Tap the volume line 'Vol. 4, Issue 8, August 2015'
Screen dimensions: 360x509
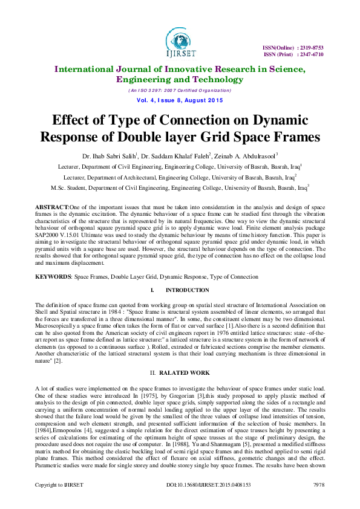pyautogui.click(x=179, y=99)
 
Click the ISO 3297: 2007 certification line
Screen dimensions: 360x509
pyautogui.click(x=179, y=90)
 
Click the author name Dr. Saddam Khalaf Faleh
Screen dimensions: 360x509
pyautogui.click(x=174, y=155)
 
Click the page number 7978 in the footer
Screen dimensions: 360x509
pyautogui.click(x=318, y=502)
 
